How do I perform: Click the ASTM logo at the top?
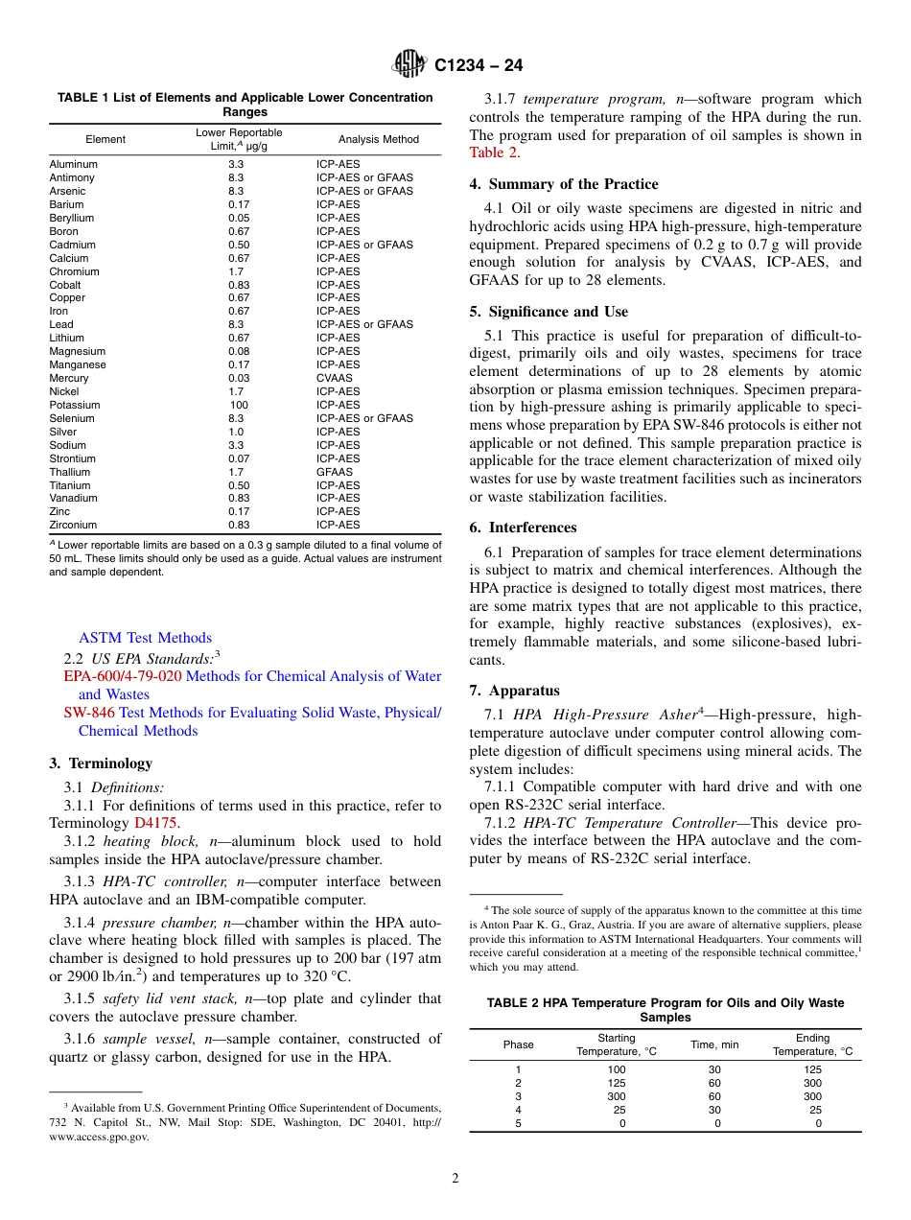click(409, 64)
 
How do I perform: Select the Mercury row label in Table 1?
click(69, 378)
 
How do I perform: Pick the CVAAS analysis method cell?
click(335, 378)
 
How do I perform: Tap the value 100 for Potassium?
click(238, 405)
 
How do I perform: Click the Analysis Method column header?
click(378, 139)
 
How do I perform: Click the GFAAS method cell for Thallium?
click(335, 472)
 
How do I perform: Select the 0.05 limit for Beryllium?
click(238, 218)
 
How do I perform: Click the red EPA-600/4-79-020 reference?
click(122, 676)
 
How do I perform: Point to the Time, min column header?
click(714, 1044)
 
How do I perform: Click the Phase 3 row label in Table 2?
click(518, 1096)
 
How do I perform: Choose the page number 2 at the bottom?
click(455, 1179)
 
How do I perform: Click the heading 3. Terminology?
click(101, 763)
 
